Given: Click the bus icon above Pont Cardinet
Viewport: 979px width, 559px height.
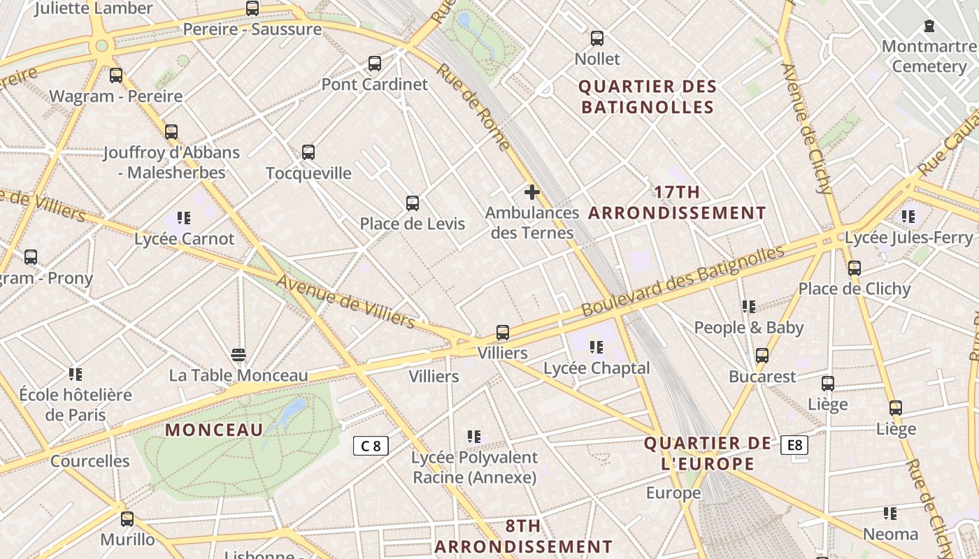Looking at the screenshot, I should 375,64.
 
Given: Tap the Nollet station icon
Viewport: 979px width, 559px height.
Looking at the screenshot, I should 596,38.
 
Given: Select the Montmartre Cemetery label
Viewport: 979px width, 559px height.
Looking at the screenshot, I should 929,57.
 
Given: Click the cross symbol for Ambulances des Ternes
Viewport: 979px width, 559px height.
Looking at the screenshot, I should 532,191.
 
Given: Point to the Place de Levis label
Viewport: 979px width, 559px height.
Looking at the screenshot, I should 412,224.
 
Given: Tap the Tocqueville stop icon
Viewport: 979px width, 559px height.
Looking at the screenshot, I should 308,152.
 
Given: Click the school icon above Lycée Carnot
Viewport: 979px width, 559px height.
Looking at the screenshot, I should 184,218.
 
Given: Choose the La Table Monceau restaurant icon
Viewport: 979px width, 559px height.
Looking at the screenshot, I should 238,355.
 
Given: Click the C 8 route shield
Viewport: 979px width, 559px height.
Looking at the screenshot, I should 371,446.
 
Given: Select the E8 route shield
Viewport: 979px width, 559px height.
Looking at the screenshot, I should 794,445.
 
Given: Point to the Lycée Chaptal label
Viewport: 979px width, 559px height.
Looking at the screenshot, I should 596,368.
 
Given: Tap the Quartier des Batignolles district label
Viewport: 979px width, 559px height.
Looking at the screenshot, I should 648,96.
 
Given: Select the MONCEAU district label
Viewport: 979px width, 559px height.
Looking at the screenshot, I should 214,430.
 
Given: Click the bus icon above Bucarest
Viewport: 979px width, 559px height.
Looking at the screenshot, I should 762,356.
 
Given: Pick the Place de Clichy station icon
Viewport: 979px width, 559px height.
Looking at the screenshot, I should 854,268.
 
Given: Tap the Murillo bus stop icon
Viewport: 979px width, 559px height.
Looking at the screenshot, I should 127,519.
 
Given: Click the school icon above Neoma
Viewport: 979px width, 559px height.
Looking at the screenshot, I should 889,514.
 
